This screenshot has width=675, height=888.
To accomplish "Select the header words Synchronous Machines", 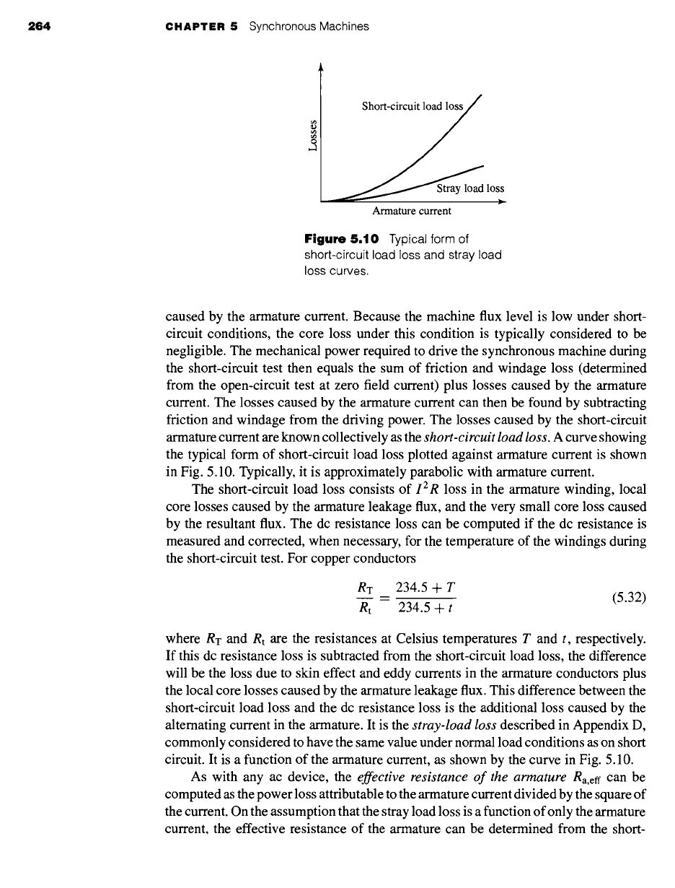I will coord(309,27).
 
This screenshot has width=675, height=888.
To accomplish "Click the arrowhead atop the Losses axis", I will coord(319,68).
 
